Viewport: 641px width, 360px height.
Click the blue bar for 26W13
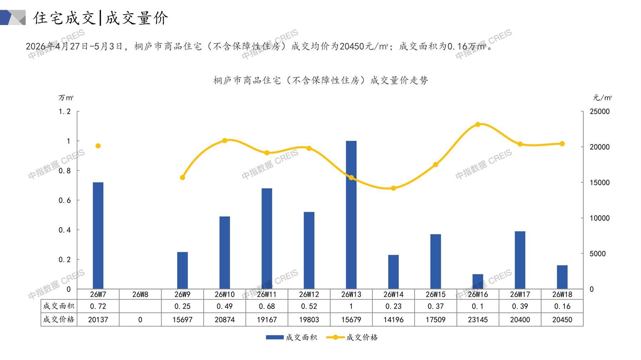pyautogui.click(x=351, y=215)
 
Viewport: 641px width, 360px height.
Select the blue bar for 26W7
pyautogui.click(x=98, y=236)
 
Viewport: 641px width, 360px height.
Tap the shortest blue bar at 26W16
pyautogui.click(x=478, y=282)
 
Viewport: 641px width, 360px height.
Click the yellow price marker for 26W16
pyautogui.click(x=478, y=124)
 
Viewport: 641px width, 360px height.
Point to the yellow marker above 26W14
pyautogui.click(x=393, y=188)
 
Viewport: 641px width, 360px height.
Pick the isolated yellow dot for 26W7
pyautogui.click(x=98, y=146)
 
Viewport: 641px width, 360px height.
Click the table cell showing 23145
pyautogui.click(x=478, y=320)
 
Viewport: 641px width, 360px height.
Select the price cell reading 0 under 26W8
pyautogui.click(x=140, y=320)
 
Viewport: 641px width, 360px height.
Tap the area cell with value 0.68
pyautogui.click(x=267, y=306)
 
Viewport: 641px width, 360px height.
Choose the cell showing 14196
pyautogui.click(x=393, y=320)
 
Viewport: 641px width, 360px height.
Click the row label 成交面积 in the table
pyautogui.click(x=58, y=306)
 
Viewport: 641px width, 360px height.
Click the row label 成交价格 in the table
pyautogui.click(x=58, y=319)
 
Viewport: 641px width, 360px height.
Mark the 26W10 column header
pyautogui.click(x=225, y=294)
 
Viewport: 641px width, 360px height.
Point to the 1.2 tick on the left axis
pyautogui.click(x=65, y=112)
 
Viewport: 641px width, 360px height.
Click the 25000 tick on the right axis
pyautogui.click(x=600, y=112)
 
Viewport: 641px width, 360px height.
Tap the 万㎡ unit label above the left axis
pyautogui.click(x=66, y=98)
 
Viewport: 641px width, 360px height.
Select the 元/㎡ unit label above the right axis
pyautogui.click(x=602, y=98)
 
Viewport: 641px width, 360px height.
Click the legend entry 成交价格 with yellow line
pyautogui.click(x=352, y=337)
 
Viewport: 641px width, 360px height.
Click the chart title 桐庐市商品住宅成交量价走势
pyautogui.click(x=321, y=81)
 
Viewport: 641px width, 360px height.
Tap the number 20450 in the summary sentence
pyautogui.click(x=352, y=46)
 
